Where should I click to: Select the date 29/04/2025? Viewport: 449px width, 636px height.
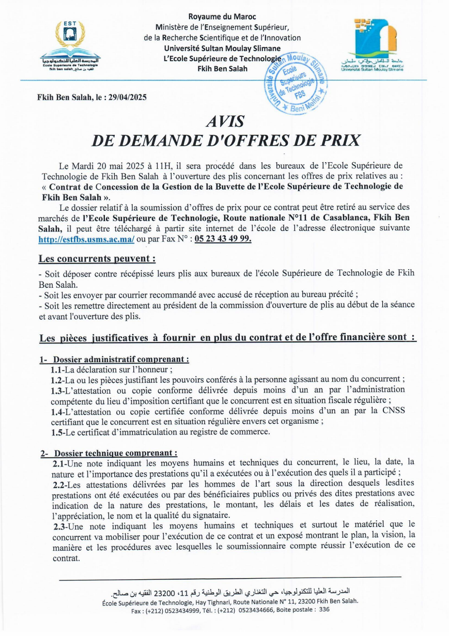pos(128,97)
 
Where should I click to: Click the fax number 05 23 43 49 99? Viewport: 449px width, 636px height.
pos(222,239)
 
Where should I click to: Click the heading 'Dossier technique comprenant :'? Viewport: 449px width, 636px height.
pos(116,453)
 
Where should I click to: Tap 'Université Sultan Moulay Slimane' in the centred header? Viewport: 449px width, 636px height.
pos(222,48)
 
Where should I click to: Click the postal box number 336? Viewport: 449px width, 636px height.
pos(324,610)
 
